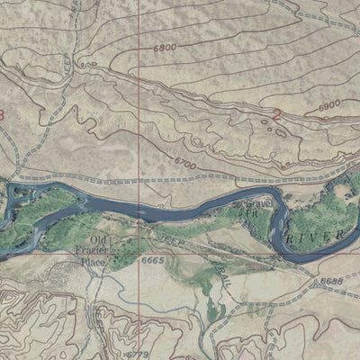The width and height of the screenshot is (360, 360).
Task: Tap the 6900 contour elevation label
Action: pyautogui.click(x=330, y=106)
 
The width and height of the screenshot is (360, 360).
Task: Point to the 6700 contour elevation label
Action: pyautogui.click(x=184, y=164)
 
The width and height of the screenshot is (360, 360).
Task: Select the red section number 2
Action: pyautogui.click(x=276, y=114)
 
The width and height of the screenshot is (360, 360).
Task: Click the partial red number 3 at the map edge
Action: pyautogui.click(x=2, y=114)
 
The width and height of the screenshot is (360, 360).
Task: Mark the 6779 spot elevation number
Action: pyautogui.click(x=138, y=354)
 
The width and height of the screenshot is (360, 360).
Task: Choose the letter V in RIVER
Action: pyautogui.click(x=320, y=236)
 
